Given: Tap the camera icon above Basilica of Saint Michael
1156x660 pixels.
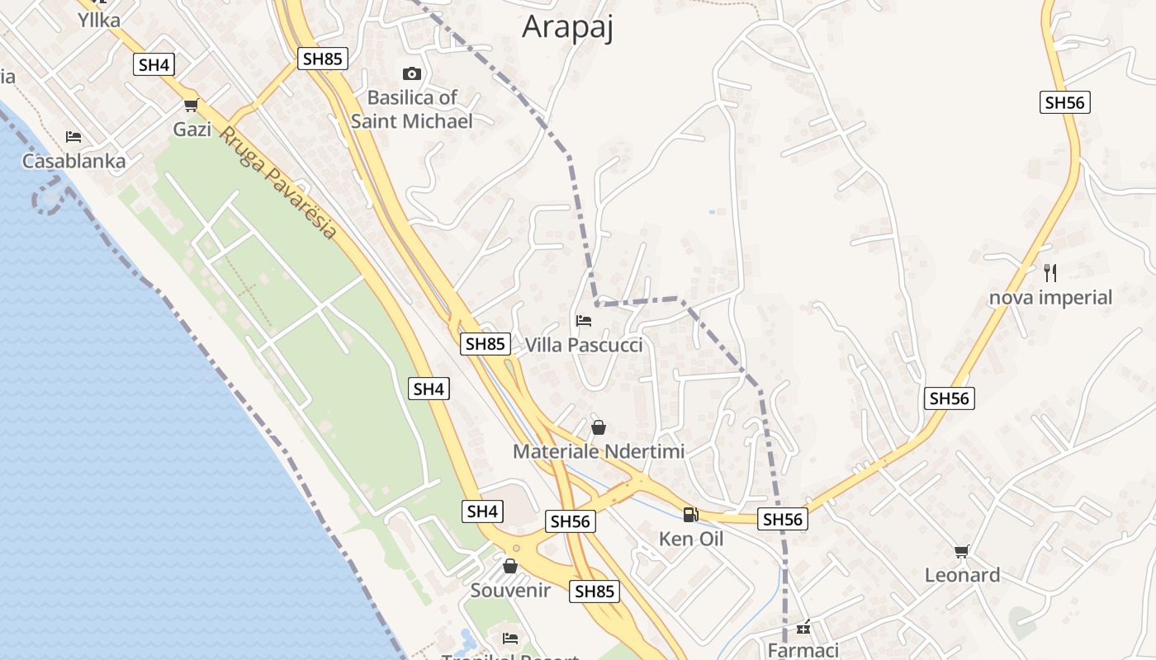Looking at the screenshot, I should tap(411, 74).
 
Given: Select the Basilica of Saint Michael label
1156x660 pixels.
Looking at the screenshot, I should tap(412, 110).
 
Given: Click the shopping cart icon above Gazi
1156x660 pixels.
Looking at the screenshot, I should tap(192, 106).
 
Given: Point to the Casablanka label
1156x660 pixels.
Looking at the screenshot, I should tap(73, 161).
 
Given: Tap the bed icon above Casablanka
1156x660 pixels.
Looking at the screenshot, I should tap(73, 137).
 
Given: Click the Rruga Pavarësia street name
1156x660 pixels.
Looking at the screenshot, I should tap(278, 183).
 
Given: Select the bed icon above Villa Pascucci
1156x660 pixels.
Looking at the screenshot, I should tap(584, 321).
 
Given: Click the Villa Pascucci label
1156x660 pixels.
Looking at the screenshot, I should tap(584, 345).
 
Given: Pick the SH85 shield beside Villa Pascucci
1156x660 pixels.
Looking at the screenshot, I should tap(485, 344).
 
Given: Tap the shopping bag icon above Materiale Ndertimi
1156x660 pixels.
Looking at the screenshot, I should tap(599, 427).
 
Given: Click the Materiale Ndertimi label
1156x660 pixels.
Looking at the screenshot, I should tap(599, 451).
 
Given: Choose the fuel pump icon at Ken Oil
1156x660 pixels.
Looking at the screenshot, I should tap(690, 515).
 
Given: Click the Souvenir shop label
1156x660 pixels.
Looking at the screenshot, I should tap(510, 591).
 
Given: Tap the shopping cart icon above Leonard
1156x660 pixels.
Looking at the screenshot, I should tap(961, 551).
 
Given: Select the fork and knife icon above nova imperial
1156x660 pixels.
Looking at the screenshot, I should tap(1050, 273).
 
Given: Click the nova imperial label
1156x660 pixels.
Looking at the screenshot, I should tap(1051, 297).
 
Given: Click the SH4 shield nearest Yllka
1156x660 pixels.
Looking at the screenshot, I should tap(154, 64).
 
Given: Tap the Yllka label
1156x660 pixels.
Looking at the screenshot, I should tap(99, 20).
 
